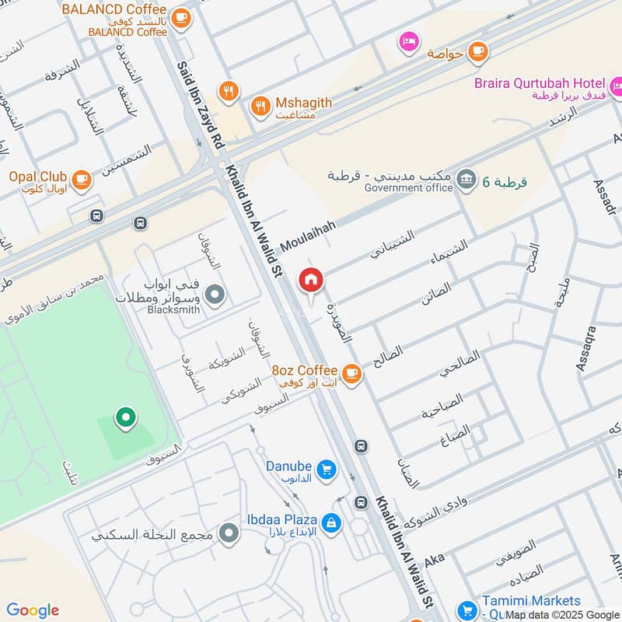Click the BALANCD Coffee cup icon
click(180, 19)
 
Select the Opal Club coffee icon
click(81, 180)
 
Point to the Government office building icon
click(466, 180)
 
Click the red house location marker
click(311, 280)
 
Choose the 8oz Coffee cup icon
click(351, 373)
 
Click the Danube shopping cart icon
click(327, 469)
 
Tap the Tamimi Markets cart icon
click(466, 610)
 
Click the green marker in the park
click(124, 419)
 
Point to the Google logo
click(33, 610)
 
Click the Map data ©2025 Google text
click(562, 615)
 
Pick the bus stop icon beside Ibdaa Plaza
click(361, 502)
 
